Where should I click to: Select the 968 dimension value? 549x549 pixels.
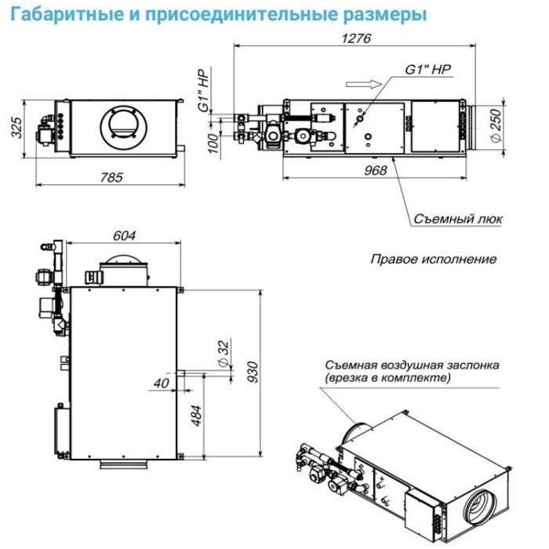376,170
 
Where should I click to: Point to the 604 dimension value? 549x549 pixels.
125,235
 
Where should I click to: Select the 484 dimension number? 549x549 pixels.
196,414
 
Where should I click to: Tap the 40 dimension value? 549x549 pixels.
162,383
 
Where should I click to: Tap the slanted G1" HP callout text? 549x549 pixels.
428,70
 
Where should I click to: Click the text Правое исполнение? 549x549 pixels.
433,259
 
